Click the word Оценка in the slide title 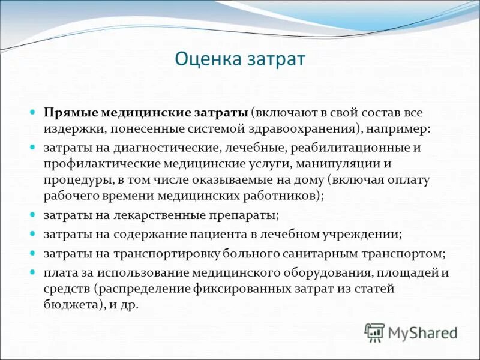(206, 59)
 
